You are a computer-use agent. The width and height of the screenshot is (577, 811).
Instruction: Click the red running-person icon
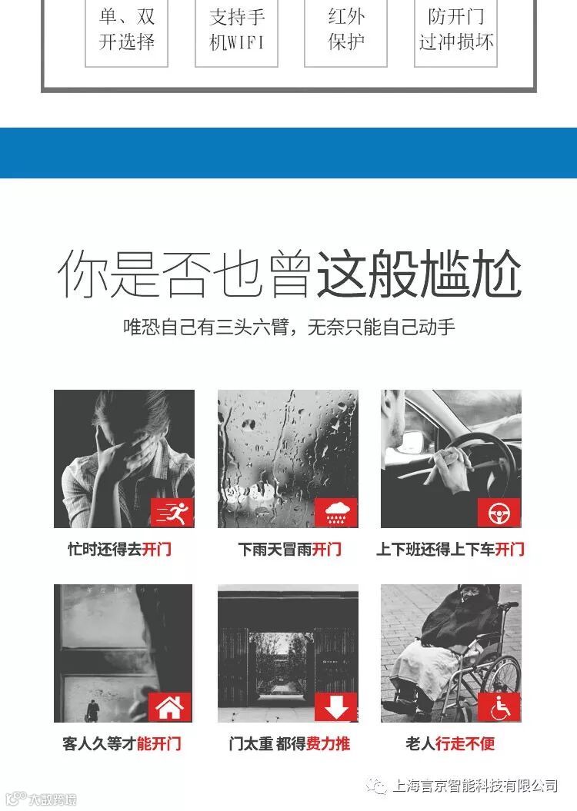point(172,513)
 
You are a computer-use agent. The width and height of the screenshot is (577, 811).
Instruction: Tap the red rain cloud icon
point(336,513)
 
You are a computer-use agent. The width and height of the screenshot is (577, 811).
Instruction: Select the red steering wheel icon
point(499,513)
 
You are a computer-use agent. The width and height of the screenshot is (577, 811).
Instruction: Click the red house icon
point(170,707)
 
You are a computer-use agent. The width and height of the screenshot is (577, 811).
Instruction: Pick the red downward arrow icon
point(336,706)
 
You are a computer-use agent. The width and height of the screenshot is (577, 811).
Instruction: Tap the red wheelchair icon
point(499,706)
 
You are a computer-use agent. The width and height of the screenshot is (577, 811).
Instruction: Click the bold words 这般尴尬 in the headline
point(418,274)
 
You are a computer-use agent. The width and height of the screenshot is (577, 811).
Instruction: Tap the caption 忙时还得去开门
point(119,549)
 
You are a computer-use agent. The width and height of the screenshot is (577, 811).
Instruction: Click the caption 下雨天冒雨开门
point(290,549)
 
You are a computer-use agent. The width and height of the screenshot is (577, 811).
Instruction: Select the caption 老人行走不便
point(450,743)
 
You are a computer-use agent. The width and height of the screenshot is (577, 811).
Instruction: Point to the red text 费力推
point(328,743)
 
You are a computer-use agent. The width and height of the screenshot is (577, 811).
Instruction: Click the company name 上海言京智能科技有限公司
point(475,786)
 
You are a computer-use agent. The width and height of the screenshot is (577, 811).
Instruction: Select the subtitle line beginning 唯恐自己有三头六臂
point(288,327)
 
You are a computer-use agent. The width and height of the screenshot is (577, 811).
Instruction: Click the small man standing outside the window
point(92,710)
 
